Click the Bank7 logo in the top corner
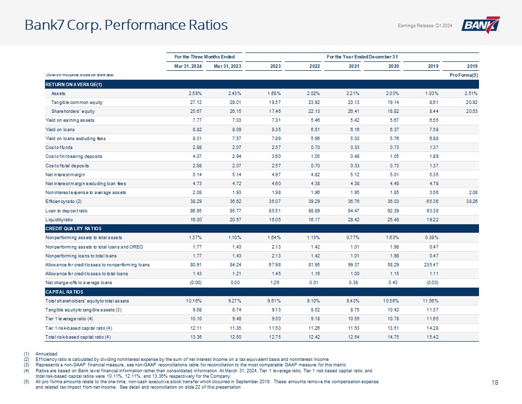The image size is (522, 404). (x=480, y=25)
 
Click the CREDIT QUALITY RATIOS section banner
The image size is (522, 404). (x=74, y=228)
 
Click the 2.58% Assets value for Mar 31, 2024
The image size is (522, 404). (x=195, y=93)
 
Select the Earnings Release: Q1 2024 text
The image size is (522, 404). (x=425, y=26)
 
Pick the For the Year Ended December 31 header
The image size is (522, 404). (x=363, y=57)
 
